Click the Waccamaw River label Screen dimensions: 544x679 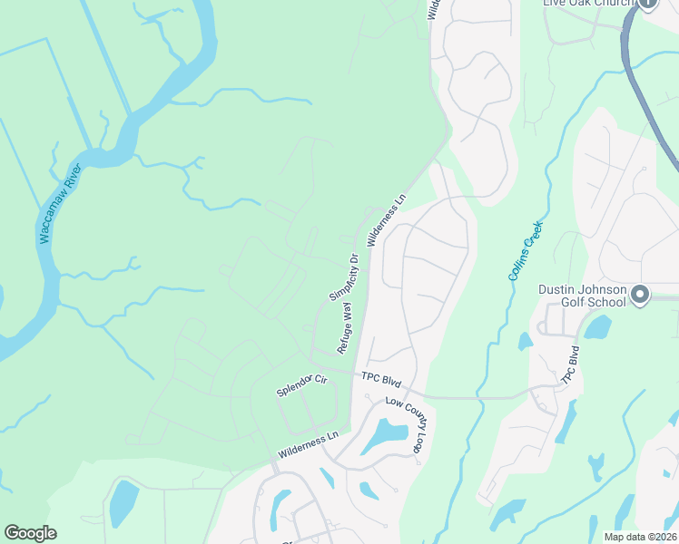point(60,204)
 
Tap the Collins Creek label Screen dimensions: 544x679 point(526,249)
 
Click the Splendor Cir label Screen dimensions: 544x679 point(301,384)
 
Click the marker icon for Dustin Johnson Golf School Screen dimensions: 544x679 point(642,294)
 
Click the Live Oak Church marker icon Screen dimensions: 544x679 point(647,4)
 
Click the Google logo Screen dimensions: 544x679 point(30,533)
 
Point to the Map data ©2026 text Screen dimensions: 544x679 point(639,537)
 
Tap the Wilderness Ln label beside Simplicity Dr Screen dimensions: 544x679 point(387,219)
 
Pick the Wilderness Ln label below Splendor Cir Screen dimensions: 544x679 point(308,444)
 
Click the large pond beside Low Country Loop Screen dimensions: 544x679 point(386,435)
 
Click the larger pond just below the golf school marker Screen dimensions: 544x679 point(597,327)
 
